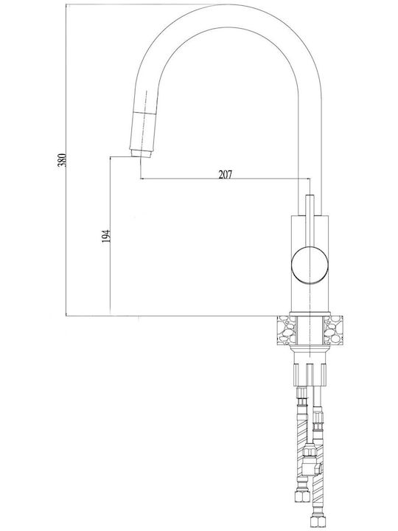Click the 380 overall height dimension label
62,160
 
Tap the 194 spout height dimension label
106,236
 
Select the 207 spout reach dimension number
226,174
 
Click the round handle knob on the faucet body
310,265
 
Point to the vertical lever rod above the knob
310,221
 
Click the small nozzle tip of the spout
140,153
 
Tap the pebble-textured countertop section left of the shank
286,330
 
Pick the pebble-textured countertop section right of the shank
333,330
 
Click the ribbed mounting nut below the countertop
310,375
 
